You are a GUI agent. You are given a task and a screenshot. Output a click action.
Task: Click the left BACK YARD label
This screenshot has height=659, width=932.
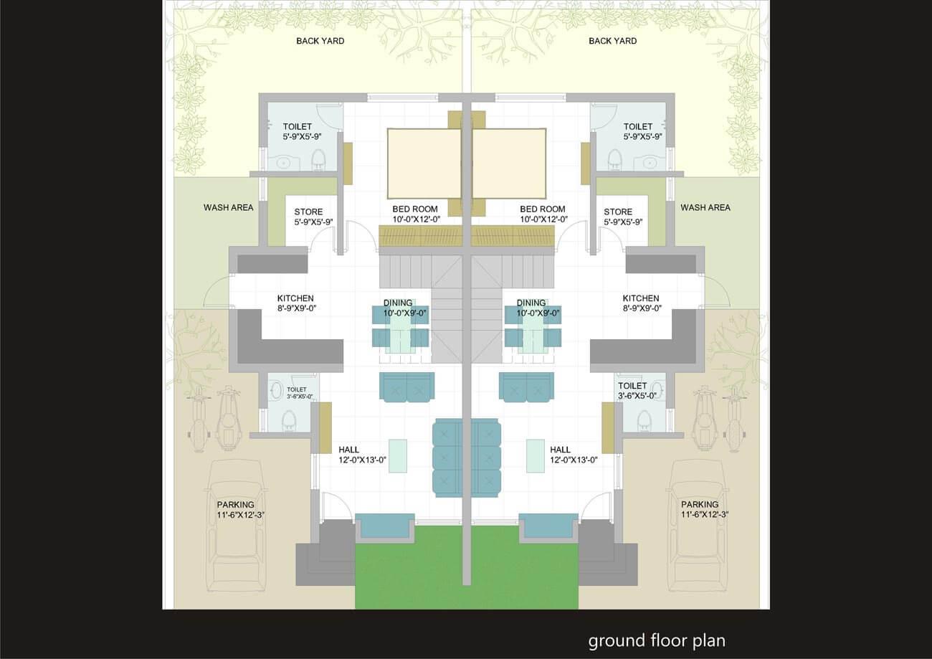point(320,41)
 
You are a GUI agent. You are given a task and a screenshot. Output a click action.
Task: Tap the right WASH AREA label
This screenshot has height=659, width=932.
point(705,207)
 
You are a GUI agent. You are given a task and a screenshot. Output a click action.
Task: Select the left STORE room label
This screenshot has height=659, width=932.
point(308,212)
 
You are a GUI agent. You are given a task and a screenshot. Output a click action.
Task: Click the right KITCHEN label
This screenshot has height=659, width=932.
point(641,298)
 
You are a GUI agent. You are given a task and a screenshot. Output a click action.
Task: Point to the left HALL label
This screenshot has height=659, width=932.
point(348,450)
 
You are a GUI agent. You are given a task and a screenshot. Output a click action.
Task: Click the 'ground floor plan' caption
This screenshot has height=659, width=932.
point(657,641)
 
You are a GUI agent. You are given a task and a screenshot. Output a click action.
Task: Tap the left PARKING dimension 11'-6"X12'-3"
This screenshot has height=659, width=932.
point(240,515)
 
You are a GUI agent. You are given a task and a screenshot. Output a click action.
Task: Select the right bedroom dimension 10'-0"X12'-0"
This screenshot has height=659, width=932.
point(544,219)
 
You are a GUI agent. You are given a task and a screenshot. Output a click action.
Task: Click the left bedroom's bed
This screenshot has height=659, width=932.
point(424,163)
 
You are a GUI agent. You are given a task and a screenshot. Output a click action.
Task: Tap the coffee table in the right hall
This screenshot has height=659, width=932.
point(535,456)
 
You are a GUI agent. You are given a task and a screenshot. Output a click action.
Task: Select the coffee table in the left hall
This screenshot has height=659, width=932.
point(398,456)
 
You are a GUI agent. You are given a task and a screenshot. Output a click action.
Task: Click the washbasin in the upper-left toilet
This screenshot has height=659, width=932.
point(283,163)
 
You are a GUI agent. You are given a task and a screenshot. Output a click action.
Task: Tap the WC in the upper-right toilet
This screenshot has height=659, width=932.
point(615,159)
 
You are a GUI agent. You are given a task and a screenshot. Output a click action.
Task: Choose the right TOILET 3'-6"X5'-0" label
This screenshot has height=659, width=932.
point(637,391)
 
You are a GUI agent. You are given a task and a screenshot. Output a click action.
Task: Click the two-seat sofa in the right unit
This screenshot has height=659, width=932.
point(526,387)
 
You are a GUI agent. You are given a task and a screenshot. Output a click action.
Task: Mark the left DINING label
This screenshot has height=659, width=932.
point(398,303)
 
